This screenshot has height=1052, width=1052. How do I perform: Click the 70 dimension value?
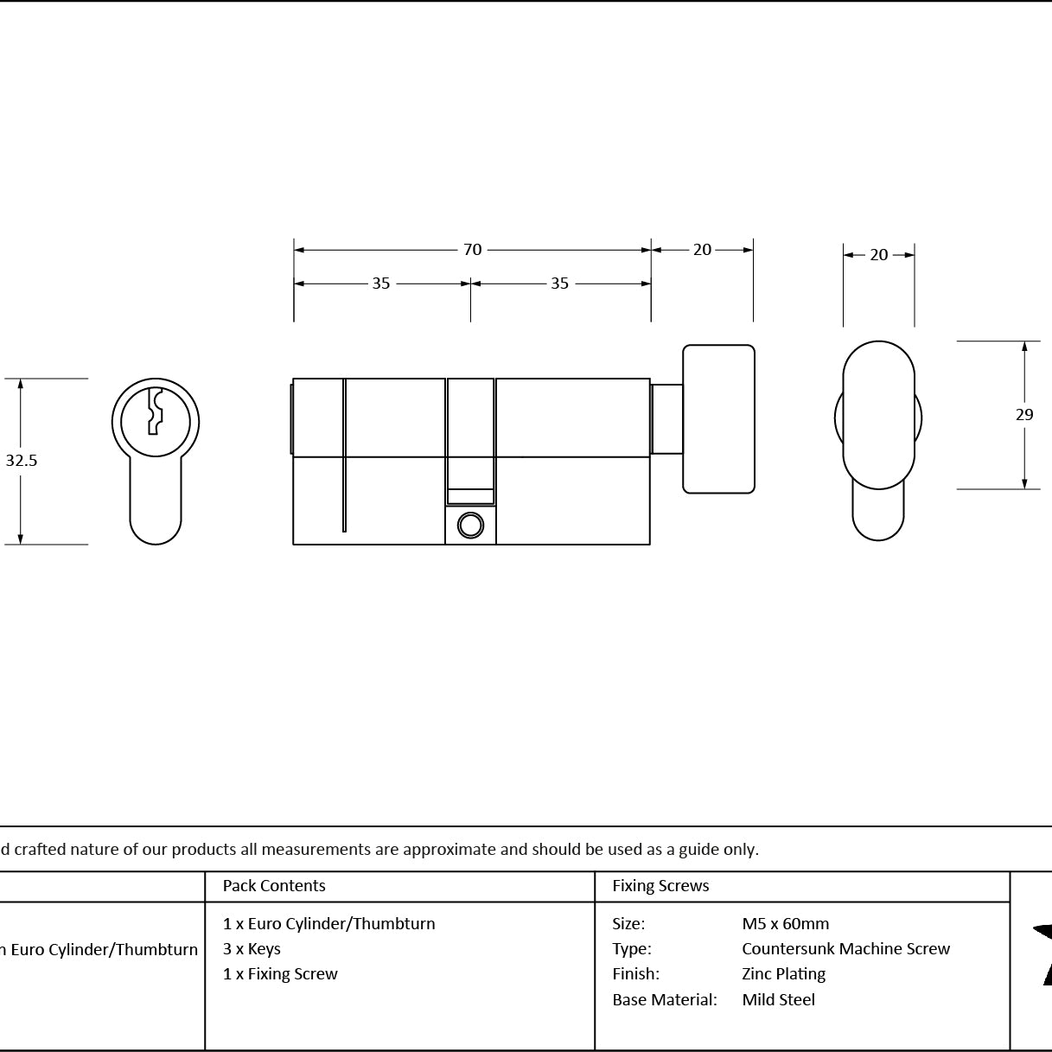coord(472,250)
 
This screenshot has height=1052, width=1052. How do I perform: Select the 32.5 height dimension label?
coord(22,460)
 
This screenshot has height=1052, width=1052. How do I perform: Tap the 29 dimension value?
coord(1024,415)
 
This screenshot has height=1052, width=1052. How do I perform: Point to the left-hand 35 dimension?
coord(381,284)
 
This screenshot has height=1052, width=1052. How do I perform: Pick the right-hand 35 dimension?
coord(559,284)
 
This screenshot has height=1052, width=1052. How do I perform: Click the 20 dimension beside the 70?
coord(702,250)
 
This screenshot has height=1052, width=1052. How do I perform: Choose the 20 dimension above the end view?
coord(878,255)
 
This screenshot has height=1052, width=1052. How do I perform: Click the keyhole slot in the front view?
coord(156,411)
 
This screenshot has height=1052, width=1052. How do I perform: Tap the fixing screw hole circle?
coord(470,526)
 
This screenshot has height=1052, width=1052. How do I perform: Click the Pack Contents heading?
coord(274,885)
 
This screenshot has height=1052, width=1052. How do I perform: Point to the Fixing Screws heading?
coord(660,885)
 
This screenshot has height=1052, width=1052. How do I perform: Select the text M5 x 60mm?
coord(786,923)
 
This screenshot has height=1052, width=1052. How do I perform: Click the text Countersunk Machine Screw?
coord(846,948)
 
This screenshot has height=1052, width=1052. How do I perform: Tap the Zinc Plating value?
coord(784,973)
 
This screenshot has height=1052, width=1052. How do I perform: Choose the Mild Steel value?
coord(779,999)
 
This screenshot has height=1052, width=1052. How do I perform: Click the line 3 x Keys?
coord(252,948)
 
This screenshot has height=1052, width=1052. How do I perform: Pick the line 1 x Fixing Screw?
coord(280,973)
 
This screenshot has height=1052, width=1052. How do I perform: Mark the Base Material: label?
coord(665,999)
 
